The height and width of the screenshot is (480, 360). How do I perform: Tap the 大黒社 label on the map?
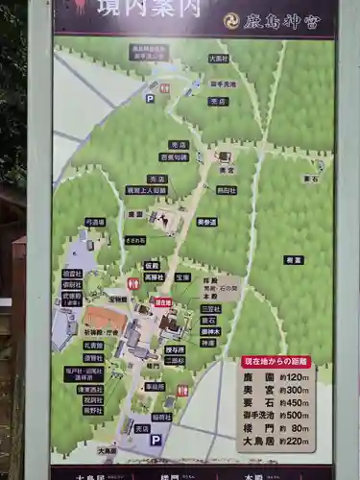[219, 59]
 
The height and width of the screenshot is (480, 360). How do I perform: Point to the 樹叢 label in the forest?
[294, 260]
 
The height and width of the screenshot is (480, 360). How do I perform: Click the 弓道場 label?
[95, 221]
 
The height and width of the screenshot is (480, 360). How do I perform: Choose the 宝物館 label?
[117, 299]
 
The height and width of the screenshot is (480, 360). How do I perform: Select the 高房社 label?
[155, 276]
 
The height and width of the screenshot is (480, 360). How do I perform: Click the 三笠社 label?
[211, 309]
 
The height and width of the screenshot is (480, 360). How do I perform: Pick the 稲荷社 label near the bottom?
[161, 417]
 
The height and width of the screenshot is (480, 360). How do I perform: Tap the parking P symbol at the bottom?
[155, 440]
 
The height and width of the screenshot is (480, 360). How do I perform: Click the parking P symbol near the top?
[150, 98]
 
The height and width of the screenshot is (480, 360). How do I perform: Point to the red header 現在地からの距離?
[276, 362]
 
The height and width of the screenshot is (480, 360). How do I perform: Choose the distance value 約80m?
[298, 428]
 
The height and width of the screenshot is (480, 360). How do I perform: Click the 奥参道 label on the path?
[206, 222]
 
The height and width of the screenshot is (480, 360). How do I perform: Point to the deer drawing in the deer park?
[167, 222]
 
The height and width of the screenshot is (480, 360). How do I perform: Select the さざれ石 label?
[135, 241]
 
